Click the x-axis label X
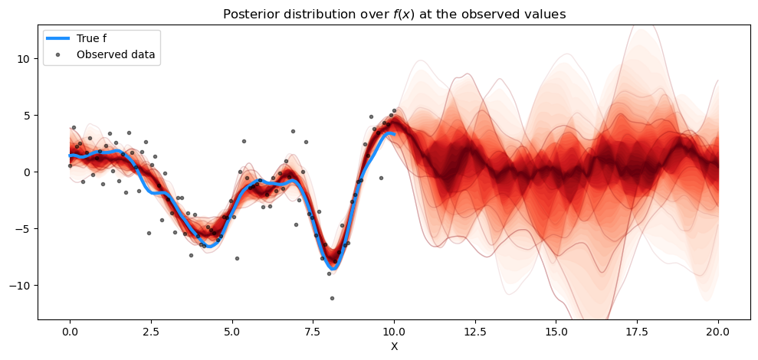tap(394, 346)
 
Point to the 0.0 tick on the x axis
tap(70, 332)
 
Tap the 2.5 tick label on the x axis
tap(151, 332)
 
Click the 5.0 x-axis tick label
tap(232, 332)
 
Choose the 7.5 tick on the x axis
tap(313, 332)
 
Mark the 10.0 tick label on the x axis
tap(394, 332)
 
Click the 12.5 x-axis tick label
tap(475, 332)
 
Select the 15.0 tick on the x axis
tap(556, 332)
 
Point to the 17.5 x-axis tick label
tap(638, 332)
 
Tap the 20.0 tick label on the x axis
tap(718, 332)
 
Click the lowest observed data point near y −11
tap(332, 298)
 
